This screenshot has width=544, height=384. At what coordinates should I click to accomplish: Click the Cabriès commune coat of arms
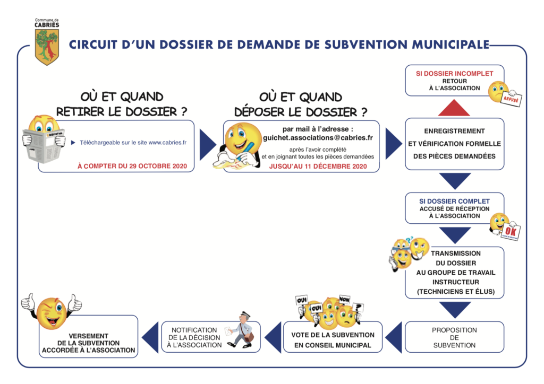pos(47,47)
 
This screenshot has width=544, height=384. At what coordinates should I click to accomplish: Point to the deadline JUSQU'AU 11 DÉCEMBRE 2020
pos(318,166)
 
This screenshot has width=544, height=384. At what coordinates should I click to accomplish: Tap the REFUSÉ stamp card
pos(511,99)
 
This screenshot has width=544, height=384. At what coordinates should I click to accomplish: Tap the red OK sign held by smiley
pos(511,231)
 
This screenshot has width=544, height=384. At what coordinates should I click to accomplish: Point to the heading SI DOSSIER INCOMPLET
pos(454,74)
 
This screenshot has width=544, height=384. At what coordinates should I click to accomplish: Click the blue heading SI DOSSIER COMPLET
pos(454,202)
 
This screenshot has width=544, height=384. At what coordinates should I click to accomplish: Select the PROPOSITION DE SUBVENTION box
pos(454,337)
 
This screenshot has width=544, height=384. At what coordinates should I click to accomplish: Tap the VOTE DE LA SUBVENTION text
pos(333,335)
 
